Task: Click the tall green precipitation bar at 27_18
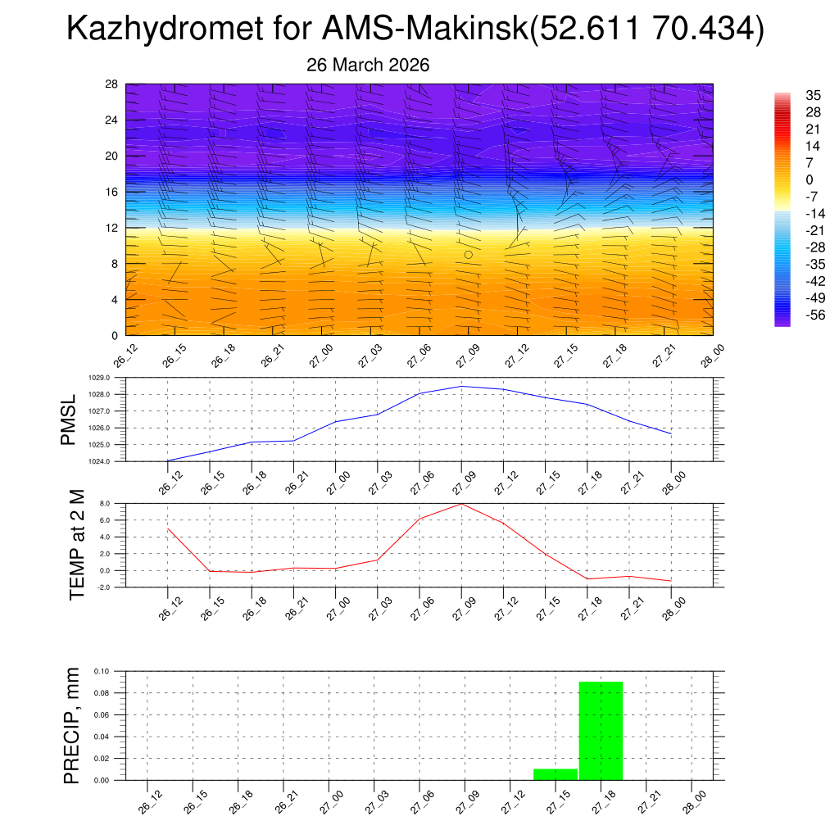point(601,729)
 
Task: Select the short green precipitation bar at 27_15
point(556,774)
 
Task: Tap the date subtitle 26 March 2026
point(368,65)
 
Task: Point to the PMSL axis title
point(68,419)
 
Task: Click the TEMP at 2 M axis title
point(77,546)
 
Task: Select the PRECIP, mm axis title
point(72,725)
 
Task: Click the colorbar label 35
point(791,95)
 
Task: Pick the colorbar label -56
point(792,315)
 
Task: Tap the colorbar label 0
point(787,179)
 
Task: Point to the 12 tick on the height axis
point(112,227)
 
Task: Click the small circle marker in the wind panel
point(469,255)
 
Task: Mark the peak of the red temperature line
point(461,503)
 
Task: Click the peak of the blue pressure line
point(461,386)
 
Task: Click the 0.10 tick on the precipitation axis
point(101,671)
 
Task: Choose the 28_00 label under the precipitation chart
point(693,800)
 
